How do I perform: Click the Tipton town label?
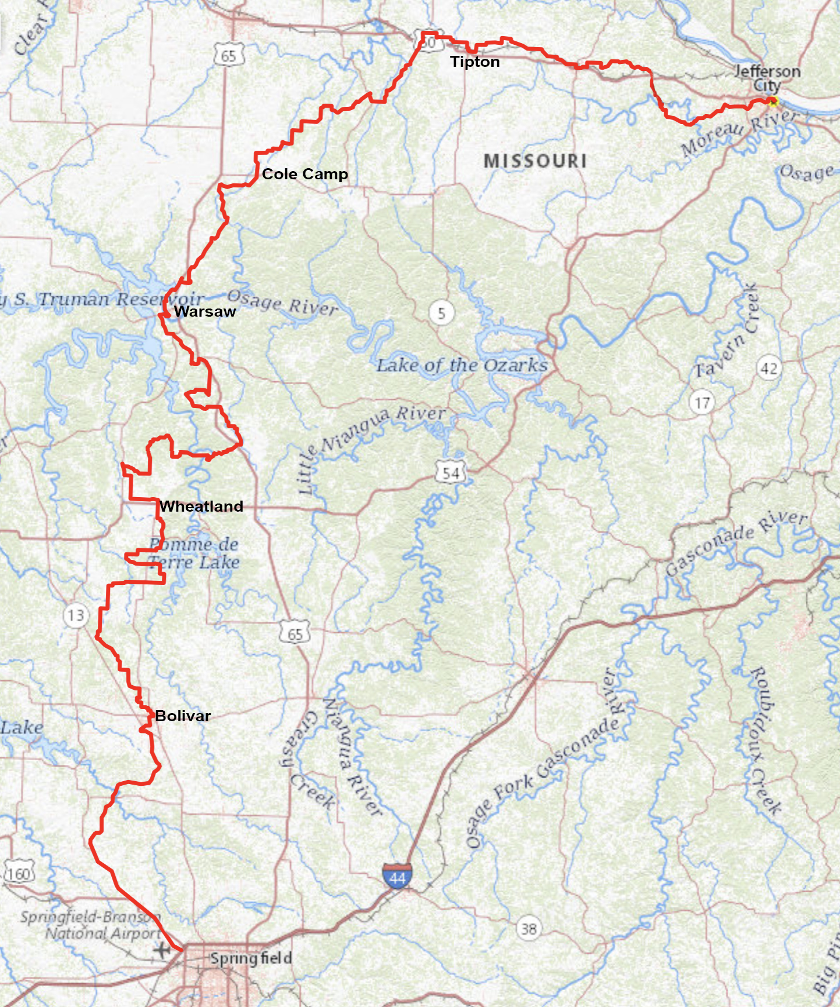tap(474, 62)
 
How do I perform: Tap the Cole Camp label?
tap(304, 173)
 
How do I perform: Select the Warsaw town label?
tap(205, 311)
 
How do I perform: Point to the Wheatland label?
tap(201, 506)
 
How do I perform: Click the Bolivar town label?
tap(183, 716)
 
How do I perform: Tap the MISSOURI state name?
tap(535, 161)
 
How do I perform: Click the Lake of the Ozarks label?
tap(462, 366)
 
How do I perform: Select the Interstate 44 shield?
tap(398, 877)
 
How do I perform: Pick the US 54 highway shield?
tap(451, 473)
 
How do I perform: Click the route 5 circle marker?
tap(441, 313)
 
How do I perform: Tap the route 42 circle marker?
tap(769, 368)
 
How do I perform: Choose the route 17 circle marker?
tap(702, 402)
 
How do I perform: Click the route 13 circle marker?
tap(76, 615)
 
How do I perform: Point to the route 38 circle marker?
tap(529, 928)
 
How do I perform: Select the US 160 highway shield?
tap(19, 874)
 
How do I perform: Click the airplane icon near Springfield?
tap(161, 951)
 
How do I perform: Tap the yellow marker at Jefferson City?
tap(772, 102)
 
